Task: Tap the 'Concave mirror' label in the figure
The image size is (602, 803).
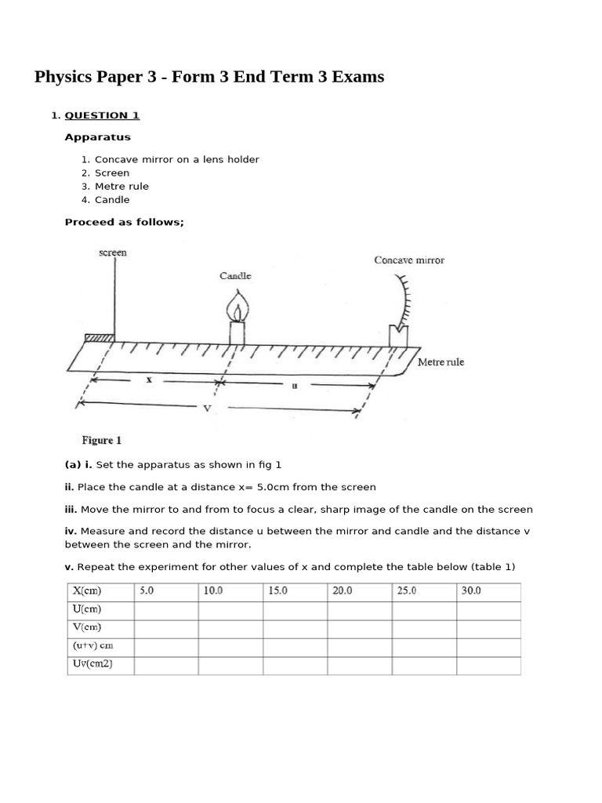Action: [x=408, y=260]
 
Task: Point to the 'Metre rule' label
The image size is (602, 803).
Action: [x=441, y=362]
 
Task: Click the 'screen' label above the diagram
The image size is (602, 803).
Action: [x=113, y=253]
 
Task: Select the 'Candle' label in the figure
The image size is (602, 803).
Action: [x=235, y=276]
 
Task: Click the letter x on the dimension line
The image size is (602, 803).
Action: [x=148, y=380]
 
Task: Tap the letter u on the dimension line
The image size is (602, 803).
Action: [x=295, y=384]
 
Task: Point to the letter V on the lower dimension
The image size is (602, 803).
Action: [x=208, y=408]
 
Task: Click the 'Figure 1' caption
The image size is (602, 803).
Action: [x=102, y=441]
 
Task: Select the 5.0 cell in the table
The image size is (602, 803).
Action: [x=147, y=591]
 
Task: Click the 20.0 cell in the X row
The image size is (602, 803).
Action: [x=343, y=591]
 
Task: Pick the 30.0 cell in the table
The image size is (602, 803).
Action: [x=471, y=591]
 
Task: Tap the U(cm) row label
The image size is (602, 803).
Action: [x=87, y=609]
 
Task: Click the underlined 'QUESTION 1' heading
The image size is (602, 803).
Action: [x=102, y=115]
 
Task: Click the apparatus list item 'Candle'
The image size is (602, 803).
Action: [x=112, y=200]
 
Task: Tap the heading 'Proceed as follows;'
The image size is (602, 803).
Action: [x=124, y=222]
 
